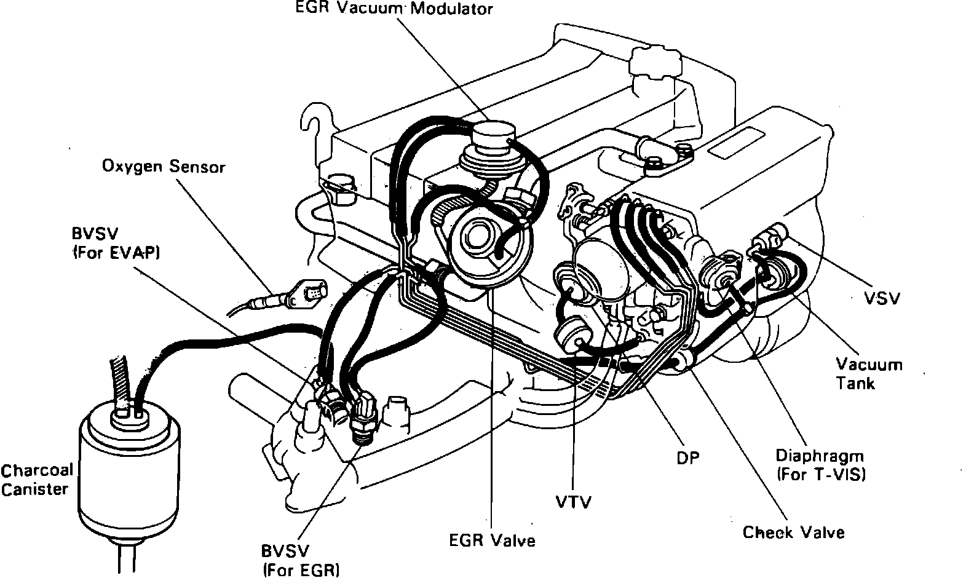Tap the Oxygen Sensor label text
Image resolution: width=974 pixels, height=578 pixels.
pyautogui.click(x=164, y=167)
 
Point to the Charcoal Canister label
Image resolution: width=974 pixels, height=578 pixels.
pyautogui.click(x=37, y=480)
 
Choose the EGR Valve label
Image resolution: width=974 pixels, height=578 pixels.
pyautogui.click(x=492, y=540)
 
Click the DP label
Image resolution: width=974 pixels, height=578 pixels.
pyautogui.click(x=687, y=457)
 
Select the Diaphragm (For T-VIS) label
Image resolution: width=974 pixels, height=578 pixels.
pyautogui.click(x=820, y=465)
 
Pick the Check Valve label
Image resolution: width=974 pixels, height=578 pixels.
pyautogui.click(x=793, y=532)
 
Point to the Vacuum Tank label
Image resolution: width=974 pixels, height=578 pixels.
pyautogui.click(x=869, y=374)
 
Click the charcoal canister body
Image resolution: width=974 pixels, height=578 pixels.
pyautogui.click(x=129, y=467)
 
